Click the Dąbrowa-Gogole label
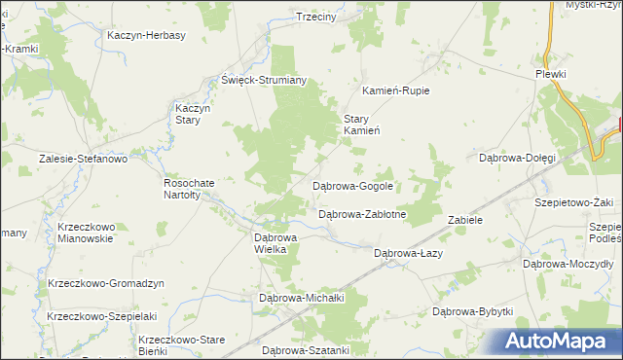(352, 185)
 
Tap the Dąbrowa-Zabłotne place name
(362, 214)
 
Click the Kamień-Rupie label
(396, 90)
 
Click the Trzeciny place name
(315, 17)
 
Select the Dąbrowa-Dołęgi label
(518, 157)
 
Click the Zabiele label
(465, 220)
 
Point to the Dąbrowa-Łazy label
(409, 253)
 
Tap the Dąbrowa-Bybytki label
(472, 311)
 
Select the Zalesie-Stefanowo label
(83, 158)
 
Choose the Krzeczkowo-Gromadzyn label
(106, 283)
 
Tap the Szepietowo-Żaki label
(573, 202)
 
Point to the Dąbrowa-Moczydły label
(568, 264)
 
